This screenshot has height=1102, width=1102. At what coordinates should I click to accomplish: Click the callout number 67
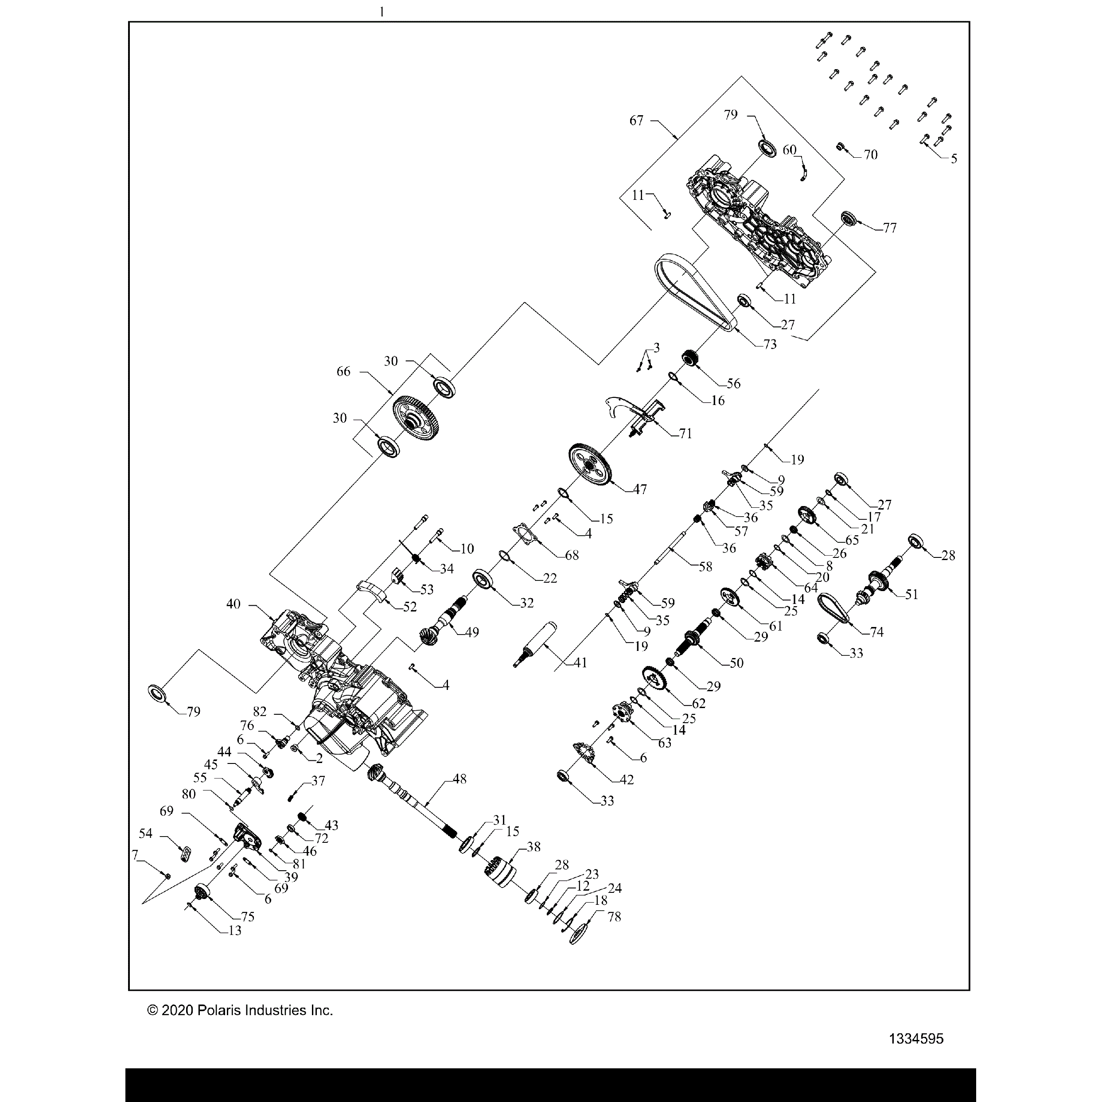637,121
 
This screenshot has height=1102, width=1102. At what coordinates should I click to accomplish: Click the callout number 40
233,604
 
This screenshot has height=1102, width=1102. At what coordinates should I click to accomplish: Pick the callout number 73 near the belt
770,345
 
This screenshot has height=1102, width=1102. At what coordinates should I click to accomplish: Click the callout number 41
580,663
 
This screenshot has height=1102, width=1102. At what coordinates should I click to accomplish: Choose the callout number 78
614,917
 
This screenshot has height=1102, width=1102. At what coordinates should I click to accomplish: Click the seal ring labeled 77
849,218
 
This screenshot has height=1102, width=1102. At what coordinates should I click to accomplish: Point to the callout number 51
911,594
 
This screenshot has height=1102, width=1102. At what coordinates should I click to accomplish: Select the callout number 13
234,931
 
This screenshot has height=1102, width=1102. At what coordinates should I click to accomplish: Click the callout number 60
790,150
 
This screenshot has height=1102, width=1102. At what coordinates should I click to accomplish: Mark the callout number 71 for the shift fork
685,433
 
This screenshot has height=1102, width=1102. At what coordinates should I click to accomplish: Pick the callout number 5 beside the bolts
954,159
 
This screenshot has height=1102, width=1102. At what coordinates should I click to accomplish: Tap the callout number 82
260,711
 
